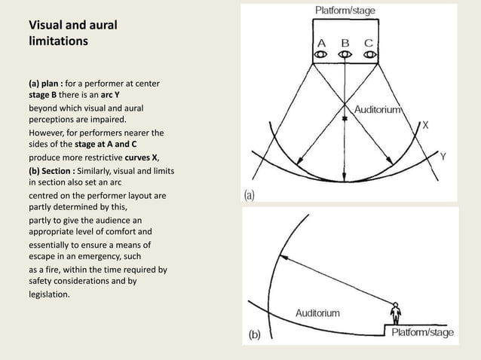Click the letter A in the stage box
321,42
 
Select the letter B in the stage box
345,42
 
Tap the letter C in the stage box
369,42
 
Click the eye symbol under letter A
321,55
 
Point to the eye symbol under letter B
345,55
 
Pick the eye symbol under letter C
369,55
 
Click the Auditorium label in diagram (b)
317,312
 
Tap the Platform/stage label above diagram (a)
345,11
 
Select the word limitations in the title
58,41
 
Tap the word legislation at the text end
49,294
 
